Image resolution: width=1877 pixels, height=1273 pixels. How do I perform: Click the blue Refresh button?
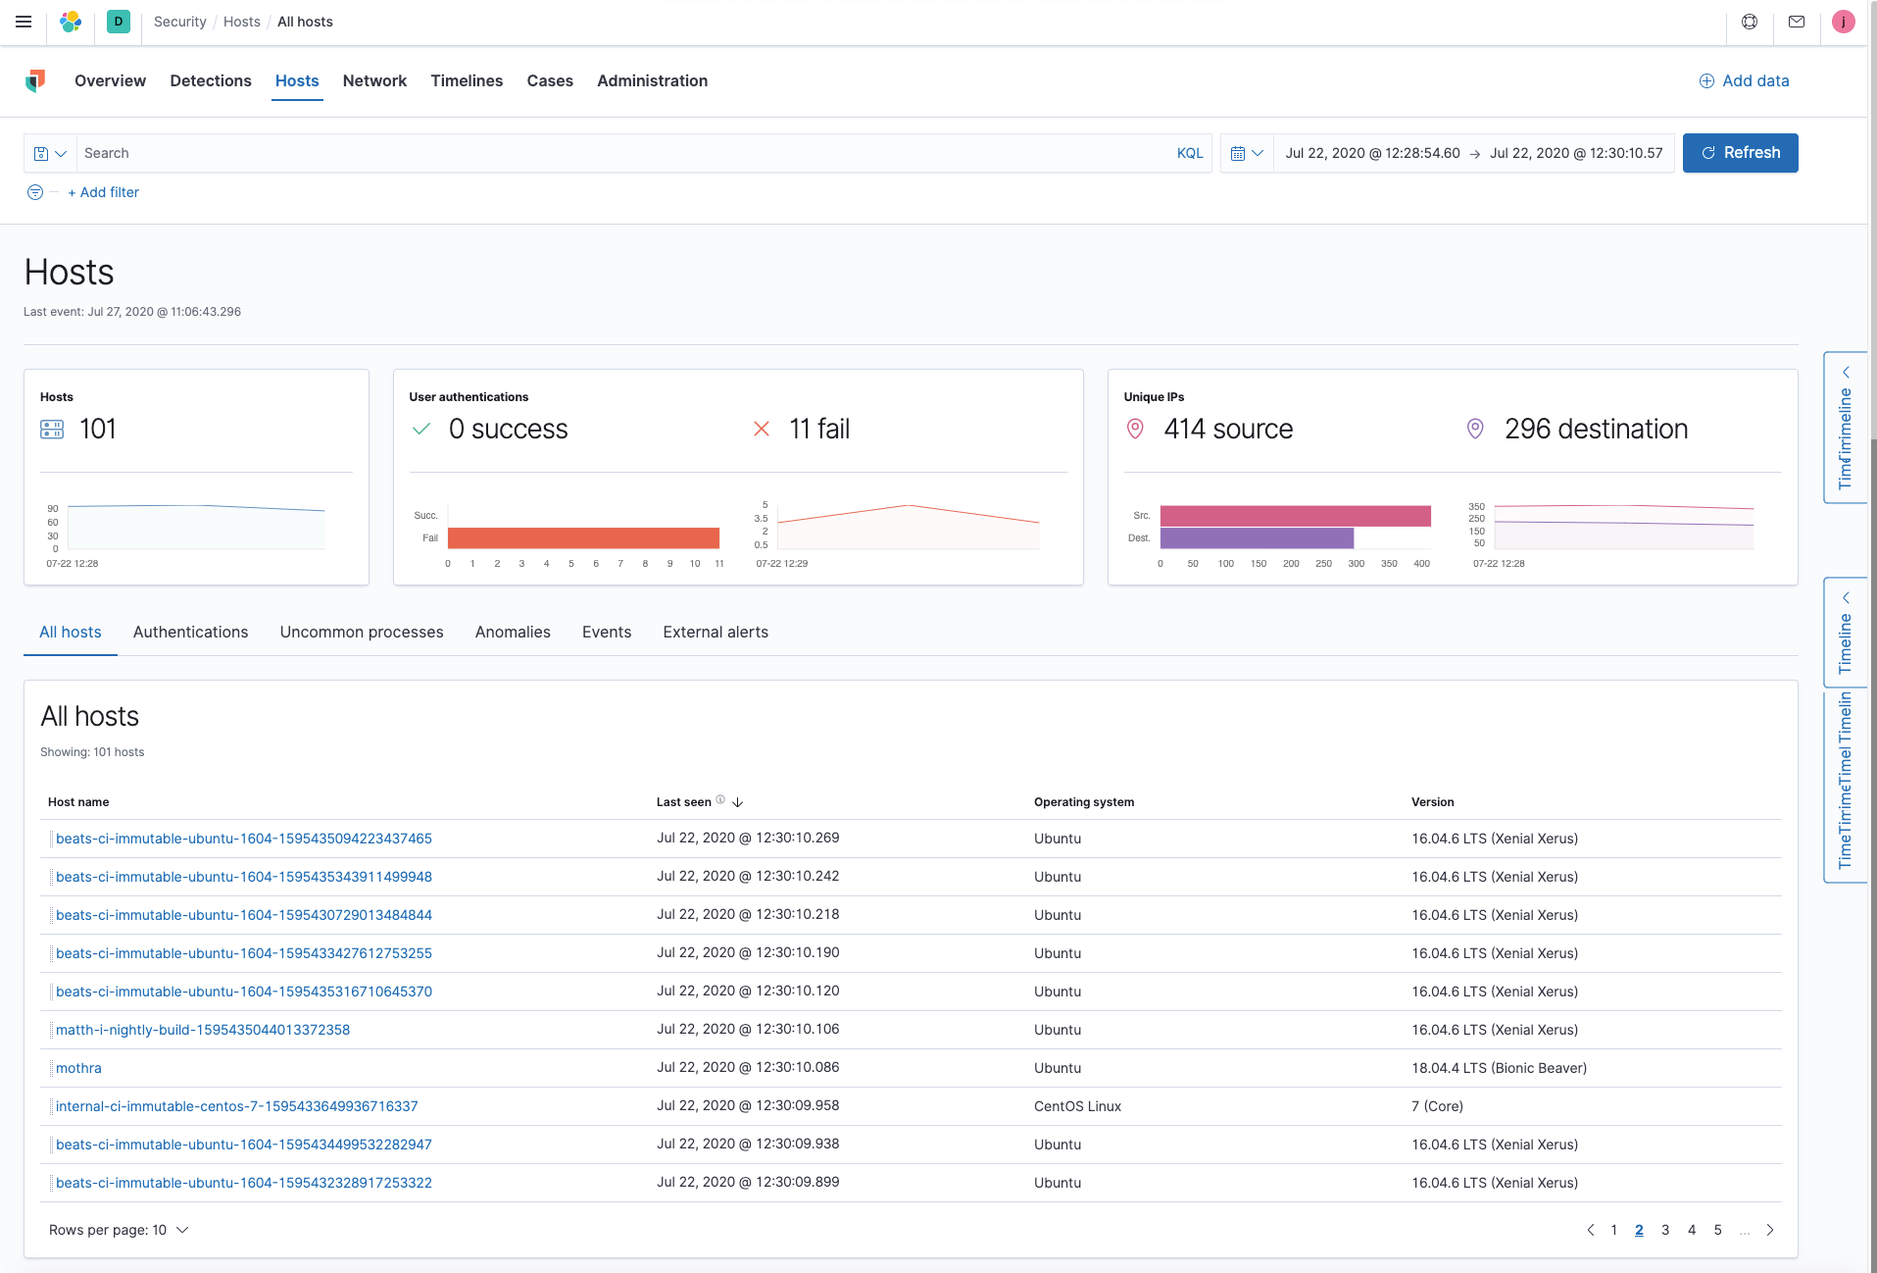pos(1740,153)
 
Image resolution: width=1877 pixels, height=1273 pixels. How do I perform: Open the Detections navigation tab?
pos(211,80)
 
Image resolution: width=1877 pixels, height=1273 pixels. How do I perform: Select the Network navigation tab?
pos(374,80)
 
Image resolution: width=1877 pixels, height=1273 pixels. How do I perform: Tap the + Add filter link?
pos(104,192)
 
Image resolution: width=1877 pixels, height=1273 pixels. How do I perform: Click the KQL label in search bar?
pos(1189,153)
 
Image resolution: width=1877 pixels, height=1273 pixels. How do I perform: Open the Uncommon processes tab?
pos(362,633)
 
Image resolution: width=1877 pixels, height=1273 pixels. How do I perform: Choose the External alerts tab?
pos(716,633)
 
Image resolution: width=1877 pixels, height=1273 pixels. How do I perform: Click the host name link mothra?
pos(78,1068)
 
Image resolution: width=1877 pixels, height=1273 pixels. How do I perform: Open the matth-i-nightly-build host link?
pos(203,1030)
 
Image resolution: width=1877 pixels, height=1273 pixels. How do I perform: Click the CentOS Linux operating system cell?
pos(1077,1106)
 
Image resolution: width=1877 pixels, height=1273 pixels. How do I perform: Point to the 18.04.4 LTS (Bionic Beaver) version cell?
pos(1499,1068)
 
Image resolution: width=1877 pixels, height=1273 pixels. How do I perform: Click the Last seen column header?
pos(684,802)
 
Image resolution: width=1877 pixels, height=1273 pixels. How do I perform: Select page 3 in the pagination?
pos(1665,1230)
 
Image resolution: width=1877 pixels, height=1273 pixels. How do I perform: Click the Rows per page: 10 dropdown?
pos(119,1230)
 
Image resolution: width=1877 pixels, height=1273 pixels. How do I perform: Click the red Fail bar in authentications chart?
pos(583,537)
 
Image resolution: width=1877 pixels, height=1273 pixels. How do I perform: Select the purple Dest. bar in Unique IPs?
pos(1257,537)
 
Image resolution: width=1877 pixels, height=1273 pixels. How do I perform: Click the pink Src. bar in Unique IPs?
pos(1295,516)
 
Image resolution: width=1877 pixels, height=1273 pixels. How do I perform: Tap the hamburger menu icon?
pos(24,22)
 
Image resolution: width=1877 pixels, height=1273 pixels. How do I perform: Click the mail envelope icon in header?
pos(1797,22)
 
